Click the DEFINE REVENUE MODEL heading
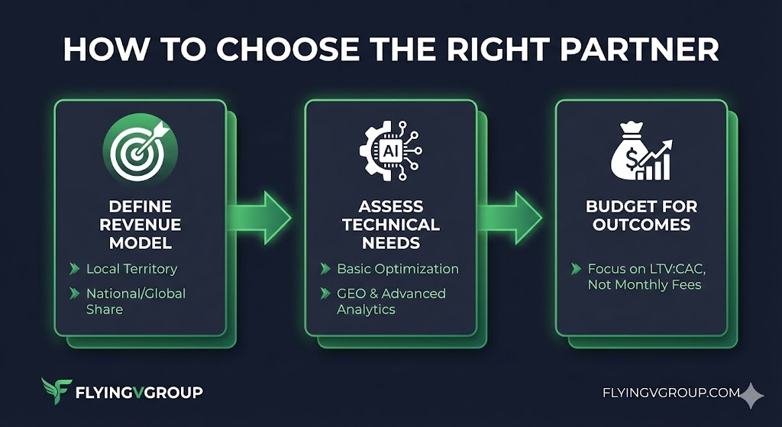click(x=141, y=225)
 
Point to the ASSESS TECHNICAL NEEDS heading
click(x=391, y=225)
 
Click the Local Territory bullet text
click(x=131, y=269)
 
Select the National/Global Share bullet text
click(x=135, y=301)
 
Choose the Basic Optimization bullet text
click(x=398, y=269)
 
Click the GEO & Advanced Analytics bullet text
click(x=391, y=301)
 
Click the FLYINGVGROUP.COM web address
click(x=671, y=393)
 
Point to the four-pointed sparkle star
click(x=752, y=395)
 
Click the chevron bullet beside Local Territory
click(x=74, y=269)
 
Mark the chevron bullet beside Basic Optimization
click(x=325, y=269)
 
